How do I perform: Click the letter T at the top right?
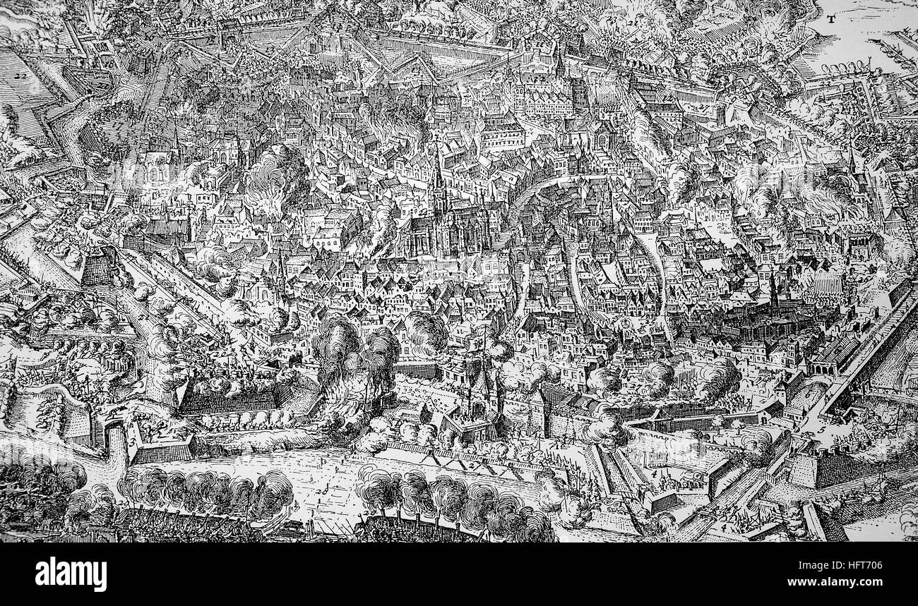click(832, 20)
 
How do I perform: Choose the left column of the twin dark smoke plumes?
click(335, 346)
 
